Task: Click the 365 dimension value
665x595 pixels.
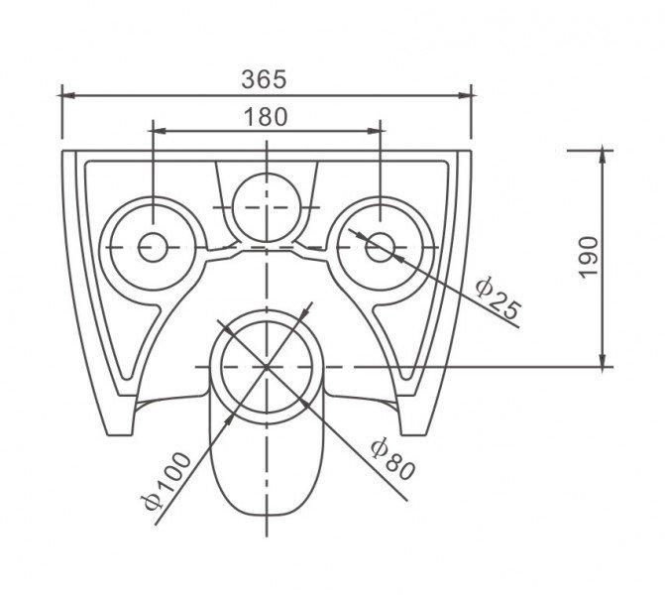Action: coord(265,79)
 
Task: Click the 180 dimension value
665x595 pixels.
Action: coord(266,117)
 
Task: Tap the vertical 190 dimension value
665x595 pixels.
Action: coord(589,257)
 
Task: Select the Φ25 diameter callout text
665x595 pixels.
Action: coord(498,297)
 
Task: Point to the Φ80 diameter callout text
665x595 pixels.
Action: coord(392,459)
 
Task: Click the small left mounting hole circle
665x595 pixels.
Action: coord(153,248)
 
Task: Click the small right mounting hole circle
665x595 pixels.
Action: coord(380,248)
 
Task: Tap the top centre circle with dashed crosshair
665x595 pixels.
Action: coord(267,207)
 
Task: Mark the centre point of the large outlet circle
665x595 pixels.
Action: coord(267,367)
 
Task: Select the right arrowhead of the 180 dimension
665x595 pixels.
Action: coord(374,131)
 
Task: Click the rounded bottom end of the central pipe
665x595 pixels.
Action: coord(267,515)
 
